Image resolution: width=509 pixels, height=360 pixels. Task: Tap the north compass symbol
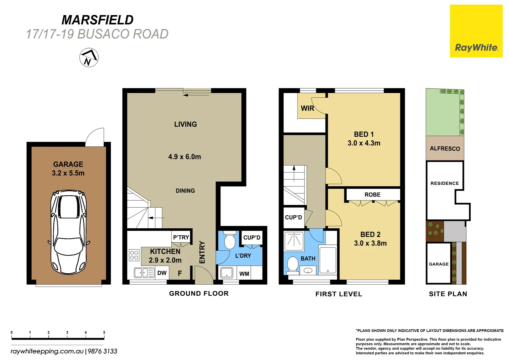tap(89, 58)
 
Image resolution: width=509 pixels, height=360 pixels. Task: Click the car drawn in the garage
tap(68, 232)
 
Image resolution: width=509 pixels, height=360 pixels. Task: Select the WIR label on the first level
tap(307, 108)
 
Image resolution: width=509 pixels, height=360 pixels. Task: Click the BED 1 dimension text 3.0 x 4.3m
tap(364, 143)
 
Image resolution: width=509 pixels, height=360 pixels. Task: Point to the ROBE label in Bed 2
tap(372, 195)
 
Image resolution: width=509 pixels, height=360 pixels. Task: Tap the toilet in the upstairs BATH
tap(293, 264)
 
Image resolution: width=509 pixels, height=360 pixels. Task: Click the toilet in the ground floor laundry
tap(230, 241)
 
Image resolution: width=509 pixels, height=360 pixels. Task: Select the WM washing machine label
tap(244, 274)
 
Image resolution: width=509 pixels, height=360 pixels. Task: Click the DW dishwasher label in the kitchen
tap(162, 273)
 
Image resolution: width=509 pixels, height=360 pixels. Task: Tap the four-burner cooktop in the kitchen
tap(134, 255)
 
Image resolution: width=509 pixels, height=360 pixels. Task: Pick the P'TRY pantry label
tap(181, 237)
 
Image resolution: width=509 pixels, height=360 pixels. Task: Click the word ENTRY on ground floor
tap(202, 252)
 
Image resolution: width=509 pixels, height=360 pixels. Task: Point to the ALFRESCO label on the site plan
tap(445, 149)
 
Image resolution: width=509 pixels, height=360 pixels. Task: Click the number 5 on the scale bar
tap(104, 332)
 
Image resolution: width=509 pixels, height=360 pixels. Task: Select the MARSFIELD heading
tap(98, 20)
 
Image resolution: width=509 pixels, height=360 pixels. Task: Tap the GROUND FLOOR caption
tap(199, 294)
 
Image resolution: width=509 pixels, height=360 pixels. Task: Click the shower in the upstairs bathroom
tap(294, 241)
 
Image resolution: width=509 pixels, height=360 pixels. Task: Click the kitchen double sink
tap(144, 273)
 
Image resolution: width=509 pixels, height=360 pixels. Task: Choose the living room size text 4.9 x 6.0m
tap(185, 157)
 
